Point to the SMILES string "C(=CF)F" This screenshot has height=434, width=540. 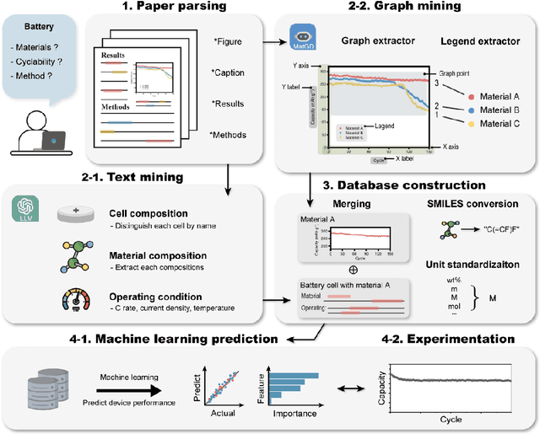coord(497,228)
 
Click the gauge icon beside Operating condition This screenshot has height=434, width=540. coord(74,301)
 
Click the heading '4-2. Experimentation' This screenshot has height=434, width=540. coord(449,338)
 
